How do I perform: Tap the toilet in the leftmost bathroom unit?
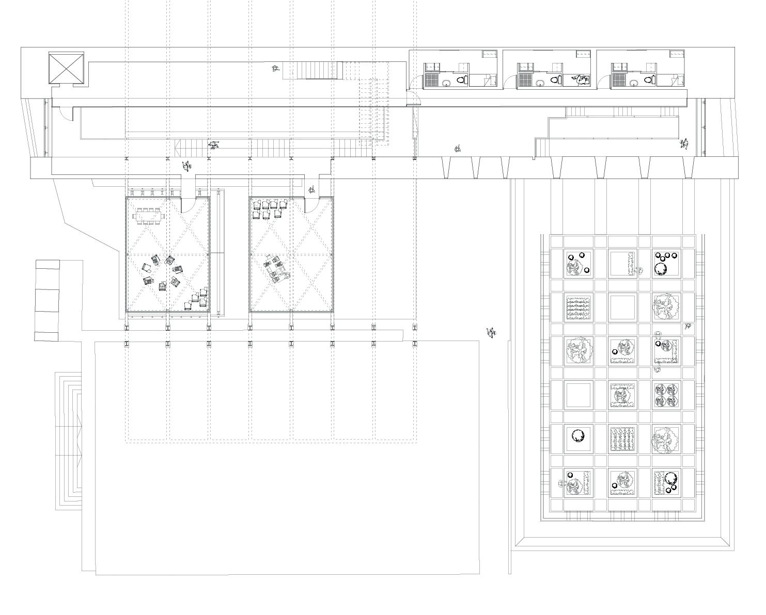coord(462,80)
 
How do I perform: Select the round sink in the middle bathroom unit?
coord(540,82)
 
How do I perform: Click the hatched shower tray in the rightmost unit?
coord(618,80)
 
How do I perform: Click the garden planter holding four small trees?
coord(666,395)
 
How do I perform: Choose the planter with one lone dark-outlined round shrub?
coord(578,437)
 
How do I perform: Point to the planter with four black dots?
coord(666,263)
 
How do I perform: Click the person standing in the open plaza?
coord(491,333)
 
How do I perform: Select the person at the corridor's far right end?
coord(685,144)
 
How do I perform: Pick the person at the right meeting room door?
coord(312,190)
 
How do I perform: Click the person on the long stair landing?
coord(214,144)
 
